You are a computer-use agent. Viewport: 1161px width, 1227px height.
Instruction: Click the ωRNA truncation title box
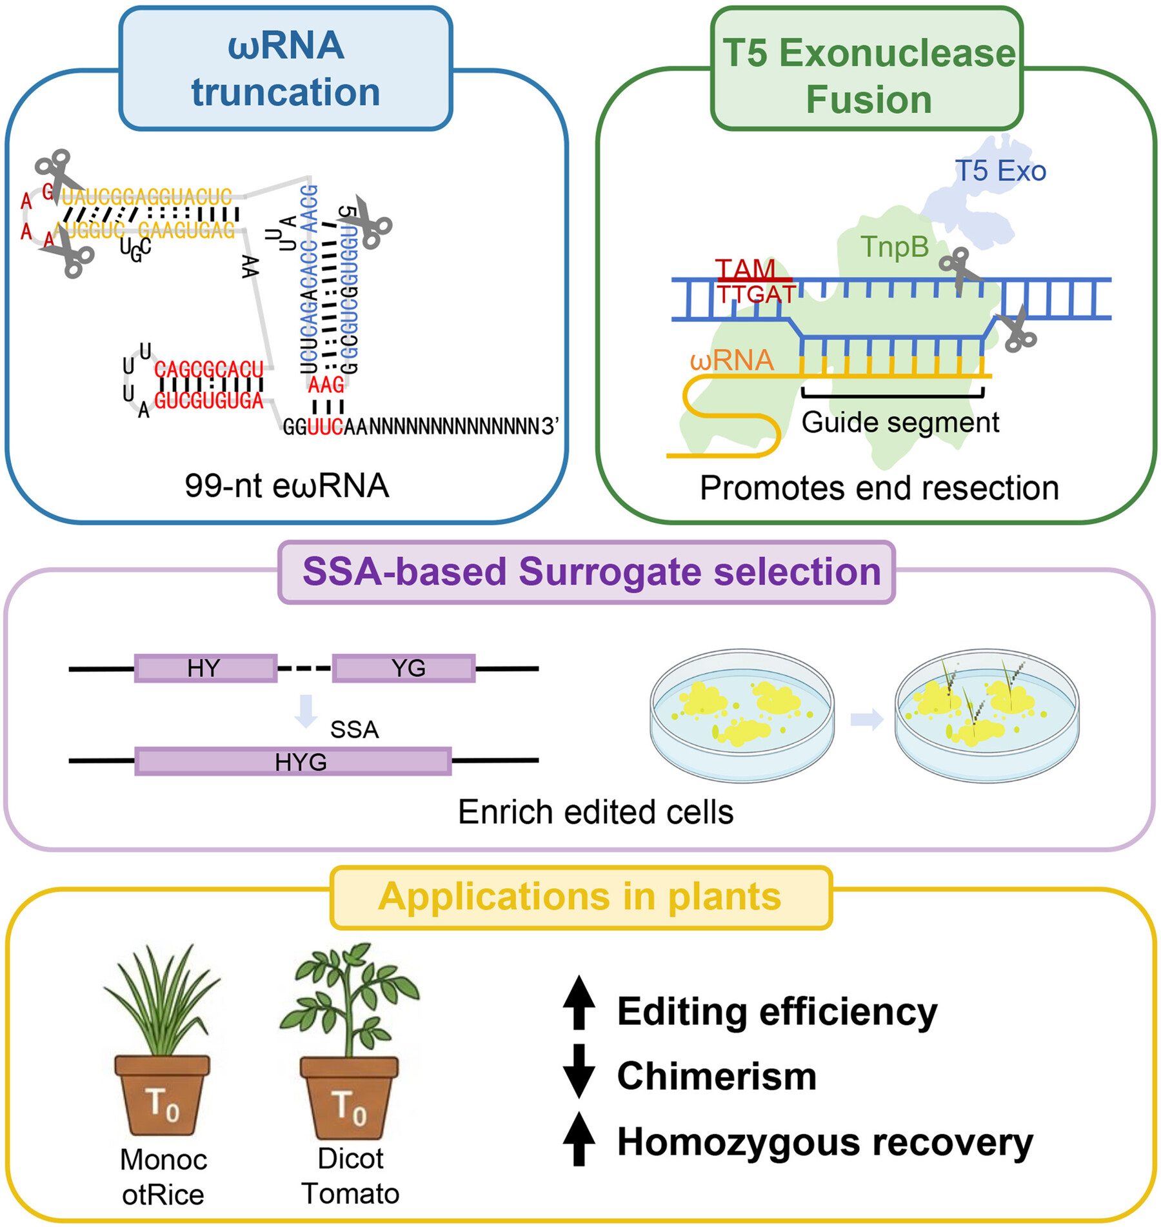(x=286, y=69)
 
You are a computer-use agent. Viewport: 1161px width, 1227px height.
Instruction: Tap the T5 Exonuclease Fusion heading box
(x=868, y=69)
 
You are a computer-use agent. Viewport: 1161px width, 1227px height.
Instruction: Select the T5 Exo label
(x=1000, y=172)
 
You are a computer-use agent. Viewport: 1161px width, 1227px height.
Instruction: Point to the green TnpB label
(x=895, y=247)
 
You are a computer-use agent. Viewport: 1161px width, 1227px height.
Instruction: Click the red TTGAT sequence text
(x=757, y=294)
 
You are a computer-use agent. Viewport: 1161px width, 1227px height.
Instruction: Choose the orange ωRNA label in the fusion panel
(x=731, y=360)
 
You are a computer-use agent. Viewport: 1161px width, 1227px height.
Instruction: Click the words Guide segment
(x=900, y=423)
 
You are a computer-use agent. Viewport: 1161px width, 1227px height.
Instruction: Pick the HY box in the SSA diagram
(x=206, y=668)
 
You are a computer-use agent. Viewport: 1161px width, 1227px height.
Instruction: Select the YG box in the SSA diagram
(x=404, y=668)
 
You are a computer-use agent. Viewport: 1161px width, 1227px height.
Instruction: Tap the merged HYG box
(x=293, y=762)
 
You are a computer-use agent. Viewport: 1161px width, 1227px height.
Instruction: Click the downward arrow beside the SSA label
(x=306, y=711)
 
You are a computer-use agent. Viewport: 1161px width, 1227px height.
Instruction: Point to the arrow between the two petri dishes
(x=866, y=720)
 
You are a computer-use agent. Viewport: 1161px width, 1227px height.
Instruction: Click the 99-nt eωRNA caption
(x=287, y=486)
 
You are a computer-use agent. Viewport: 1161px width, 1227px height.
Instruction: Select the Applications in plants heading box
(x=580, y=897)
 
